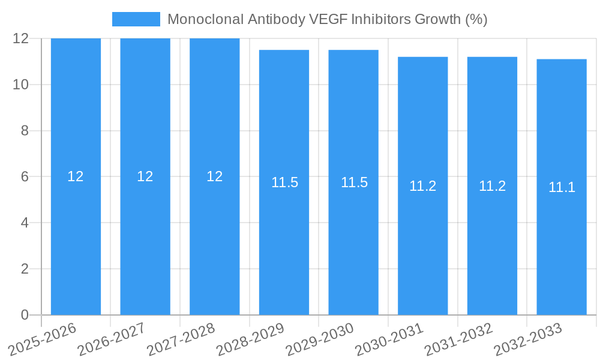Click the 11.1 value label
click(x=562, y=187)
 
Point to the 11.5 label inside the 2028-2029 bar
click(x=284, y=182)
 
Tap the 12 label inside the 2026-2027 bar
click(x=145, y=176)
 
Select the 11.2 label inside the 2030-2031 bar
click(x=423, y=186)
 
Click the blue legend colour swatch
click(x=136, y=19)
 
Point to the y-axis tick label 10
click(x=21, y=85)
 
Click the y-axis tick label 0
click(x=25, y=315)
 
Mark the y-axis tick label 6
click(x=25, y=177)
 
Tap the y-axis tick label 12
click(x=21, y=38)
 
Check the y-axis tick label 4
click(x=25, y=223)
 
